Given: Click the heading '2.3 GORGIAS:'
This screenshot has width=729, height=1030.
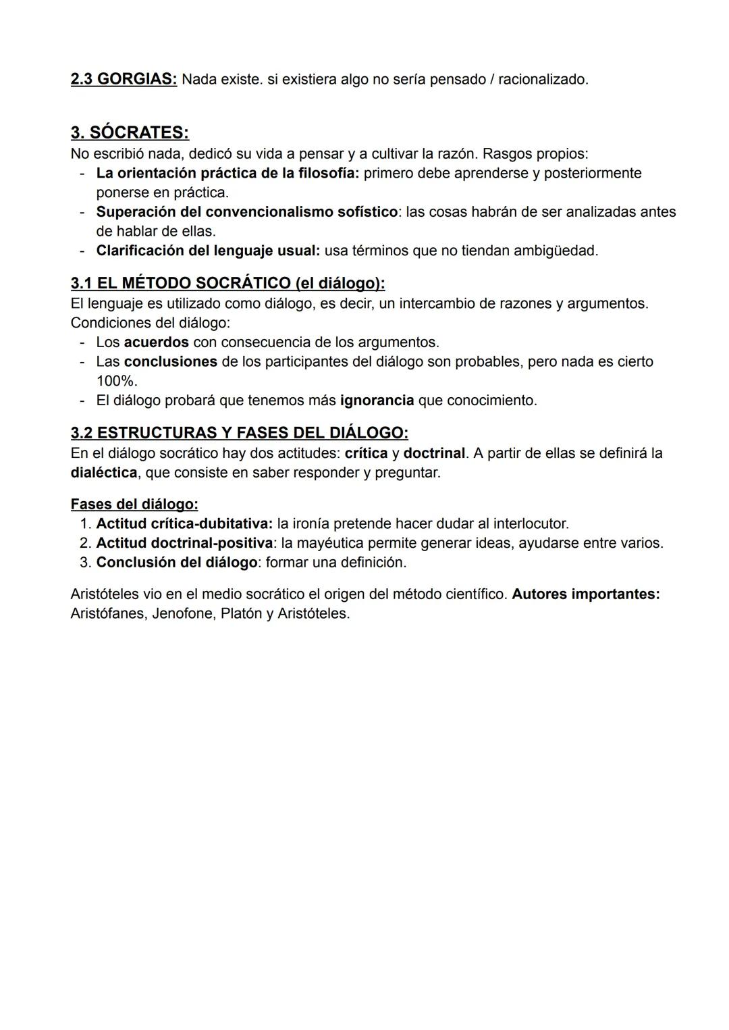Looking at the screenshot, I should tap(124, 80).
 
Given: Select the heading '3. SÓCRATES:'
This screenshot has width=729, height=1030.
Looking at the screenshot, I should tap(130, 132).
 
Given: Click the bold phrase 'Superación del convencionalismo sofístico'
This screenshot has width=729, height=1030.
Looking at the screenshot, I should tap(246, 212).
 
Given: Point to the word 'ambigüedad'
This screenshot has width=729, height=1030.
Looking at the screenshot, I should tap(556, 251).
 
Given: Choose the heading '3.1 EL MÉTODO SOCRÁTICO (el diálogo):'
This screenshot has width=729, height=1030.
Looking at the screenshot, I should tap(227, 283).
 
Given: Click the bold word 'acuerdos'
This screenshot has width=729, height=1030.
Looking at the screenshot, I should tap(156, 342).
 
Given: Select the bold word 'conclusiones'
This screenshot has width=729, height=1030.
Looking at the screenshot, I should tap(170, 362).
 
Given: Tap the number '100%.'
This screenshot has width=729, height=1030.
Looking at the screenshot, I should tap(117, 381).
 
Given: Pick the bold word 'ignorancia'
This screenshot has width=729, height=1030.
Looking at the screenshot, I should tap(377, 401).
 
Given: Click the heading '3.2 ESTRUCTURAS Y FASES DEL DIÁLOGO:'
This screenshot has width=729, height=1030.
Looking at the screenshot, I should tap(239, 433).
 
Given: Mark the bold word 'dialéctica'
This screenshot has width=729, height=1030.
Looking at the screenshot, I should tap(104, 473).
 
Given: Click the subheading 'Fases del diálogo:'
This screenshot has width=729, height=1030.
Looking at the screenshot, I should tap(134, 505).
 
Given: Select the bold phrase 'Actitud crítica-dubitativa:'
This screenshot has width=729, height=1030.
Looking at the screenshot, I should tap(184, 524).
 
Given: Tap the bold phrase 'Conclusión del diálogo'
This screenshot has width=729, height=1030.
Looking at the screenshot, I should tap(176, 563).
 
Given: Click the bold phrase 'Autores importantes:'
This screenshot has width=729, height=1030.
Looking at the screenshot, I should tap(586, 595).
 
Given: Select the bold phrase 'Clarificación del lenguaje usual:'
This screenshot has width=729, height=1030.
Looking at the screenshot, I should tap(208, 251).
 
